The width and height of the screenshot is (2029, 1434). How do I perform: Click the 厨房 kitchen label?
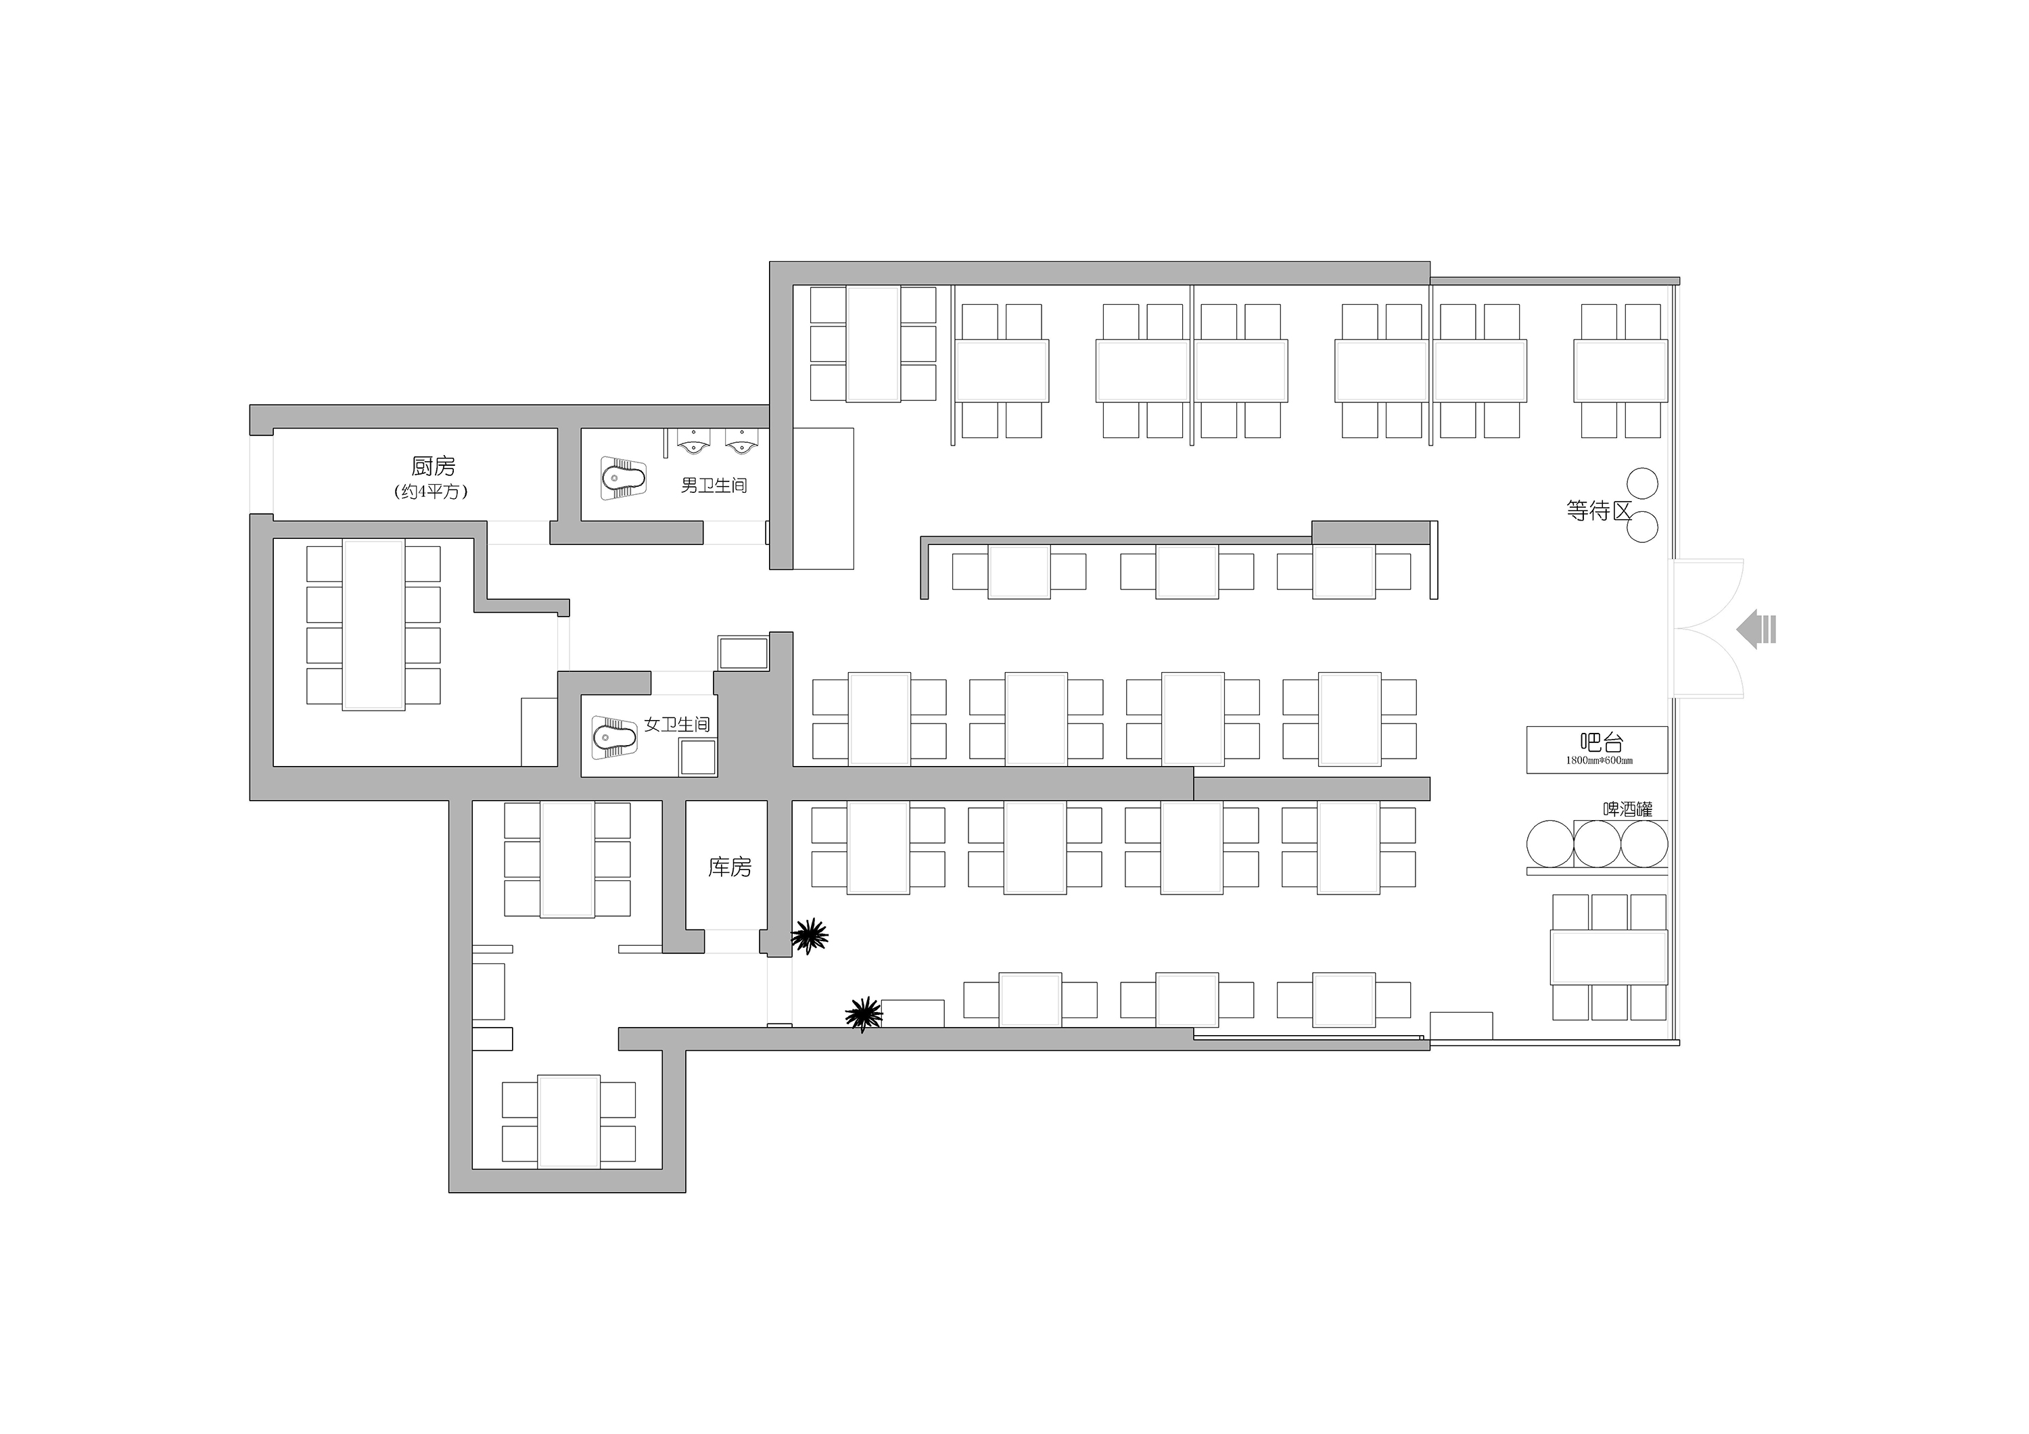click(433, 466)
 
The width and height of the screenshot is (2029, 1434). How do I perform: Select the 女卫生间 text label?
click(676, 725)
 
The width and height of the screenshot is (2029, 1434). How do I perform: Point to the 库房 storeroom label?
click(729, 867)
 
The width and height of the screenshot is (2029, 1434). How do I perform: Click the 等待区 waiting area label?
click(1597, 510)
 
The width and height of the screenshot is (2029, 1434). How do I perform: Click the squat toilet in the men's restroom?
click(623, 478)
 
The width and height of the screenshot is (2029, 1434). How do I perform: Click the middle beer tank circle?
click(1597, 844)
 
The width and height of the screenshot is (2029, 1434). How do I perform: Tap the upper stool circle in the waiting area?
click(1642, 483)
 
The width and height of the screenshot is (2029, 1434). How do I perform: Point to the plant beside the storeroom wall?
click(809, 935)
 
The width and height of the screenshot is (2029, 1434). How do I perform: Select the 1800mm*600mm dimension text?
click(1599, 761)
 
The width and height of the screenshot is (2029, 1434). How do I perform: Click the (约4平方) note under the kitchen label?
click(432, 492)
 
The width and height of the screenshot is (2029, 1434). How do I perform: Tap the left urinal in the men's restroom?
click(694, 441)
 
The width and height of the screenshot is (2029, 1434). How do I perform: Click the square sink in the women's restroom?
click(697, 757)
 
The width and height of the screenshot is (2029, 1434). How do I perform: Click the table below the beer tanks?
click(1608, 957)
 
